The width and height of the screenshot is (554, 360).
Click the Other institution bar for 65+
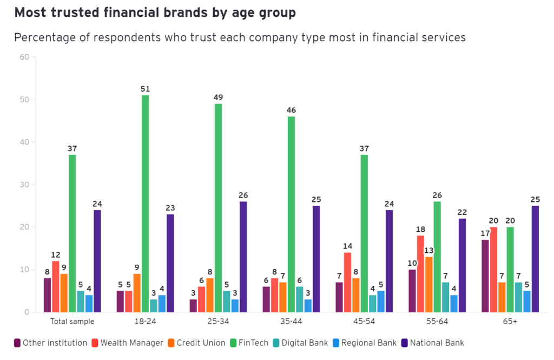click(x=485, y=276)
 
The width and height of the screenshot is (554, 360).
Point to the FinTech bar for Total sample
click(x=72, y=233)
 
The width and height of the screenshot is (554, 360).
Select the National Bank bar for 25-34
click(x=243, y=257)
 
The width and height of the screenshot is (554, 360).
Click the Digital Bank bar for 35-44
click(x=300, y=299)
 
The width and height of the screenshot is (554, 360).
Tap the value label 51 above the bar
click(x=145, y=89)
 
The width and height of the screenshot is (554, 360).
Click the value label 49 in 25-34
click(x=218, y=97)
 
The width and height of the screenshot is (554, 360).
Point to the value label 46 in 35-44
click(x=291, y=110)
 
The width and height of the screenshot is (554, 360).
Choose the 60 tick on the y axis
click(x=24, y=57)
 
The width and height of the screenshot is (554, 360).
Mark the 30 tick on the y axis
click(x=24, y=185)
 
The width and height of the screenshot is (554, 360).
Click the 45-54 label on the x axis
click(x=364, y=321)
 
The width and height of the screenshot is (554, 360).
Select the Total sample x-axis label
click(x=72, y=321)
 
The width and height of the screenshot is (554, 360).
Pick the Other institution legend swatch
click(x=17, y=343)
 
